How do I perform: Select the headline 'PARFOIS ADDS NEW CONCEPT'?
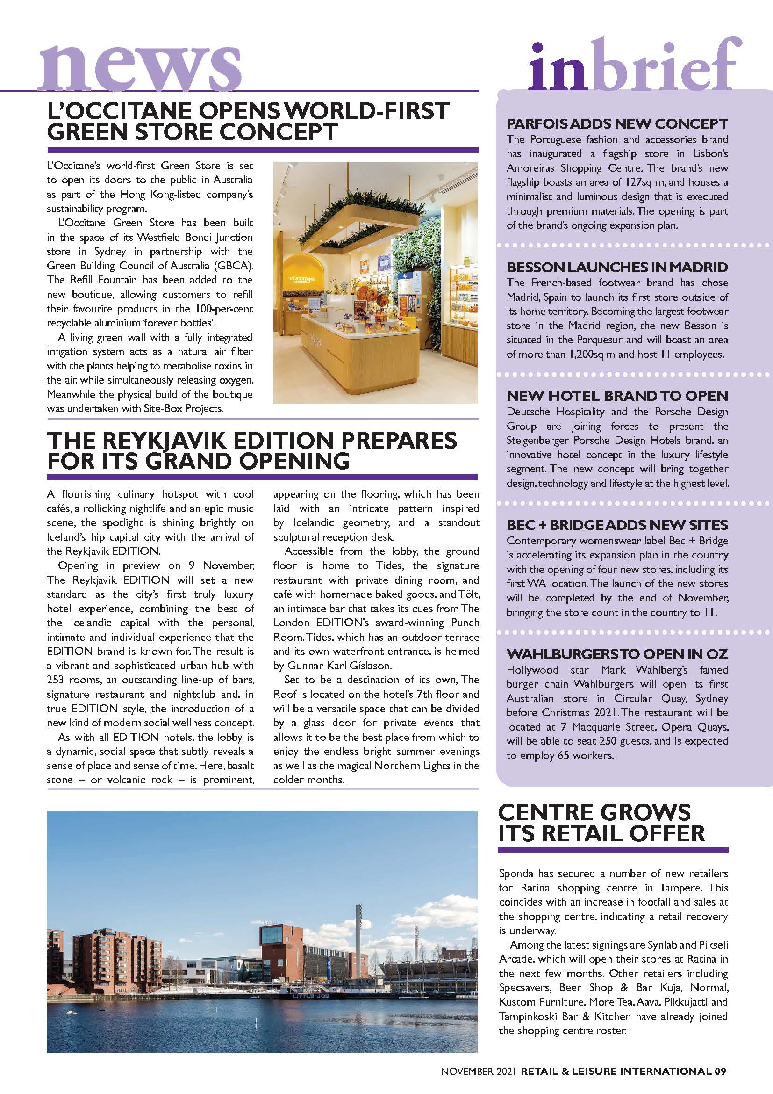[x=617, y=124]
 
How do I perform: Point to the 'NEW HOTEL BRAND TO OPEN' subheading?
[x=617, y=396]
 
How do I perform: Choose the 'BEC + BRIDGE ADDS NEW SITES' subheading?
[x=617, y=525]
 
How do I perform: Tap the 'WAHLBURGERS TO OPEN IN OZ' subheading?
[x=617, y=654]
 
